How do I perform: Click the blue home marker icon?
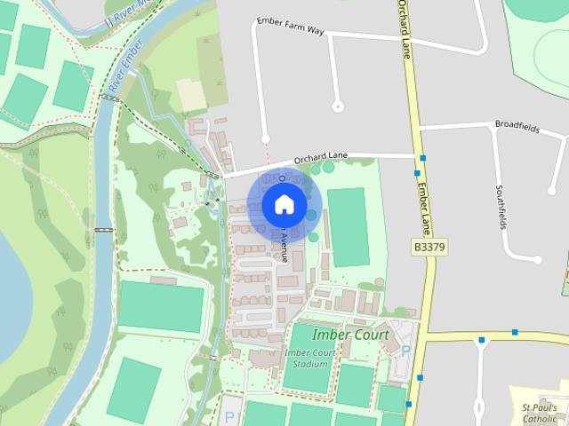(284, 204)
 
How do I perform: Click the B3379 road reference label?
(429, 246)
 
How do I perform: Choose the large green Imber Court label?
(350, 335)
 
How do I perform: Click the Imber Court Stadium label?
(312, 358)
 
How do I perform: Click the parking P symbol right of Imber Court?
(406, 350)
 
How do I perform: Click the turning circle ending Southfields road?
(537, 259)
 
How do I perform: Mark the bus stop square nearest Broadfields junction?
(422, 158)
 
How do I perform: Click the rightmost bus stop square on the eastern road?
(515, 333)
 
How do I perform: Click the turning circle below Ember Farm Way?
(337, 106)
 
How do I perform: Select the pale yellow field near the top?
(192, 94)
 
